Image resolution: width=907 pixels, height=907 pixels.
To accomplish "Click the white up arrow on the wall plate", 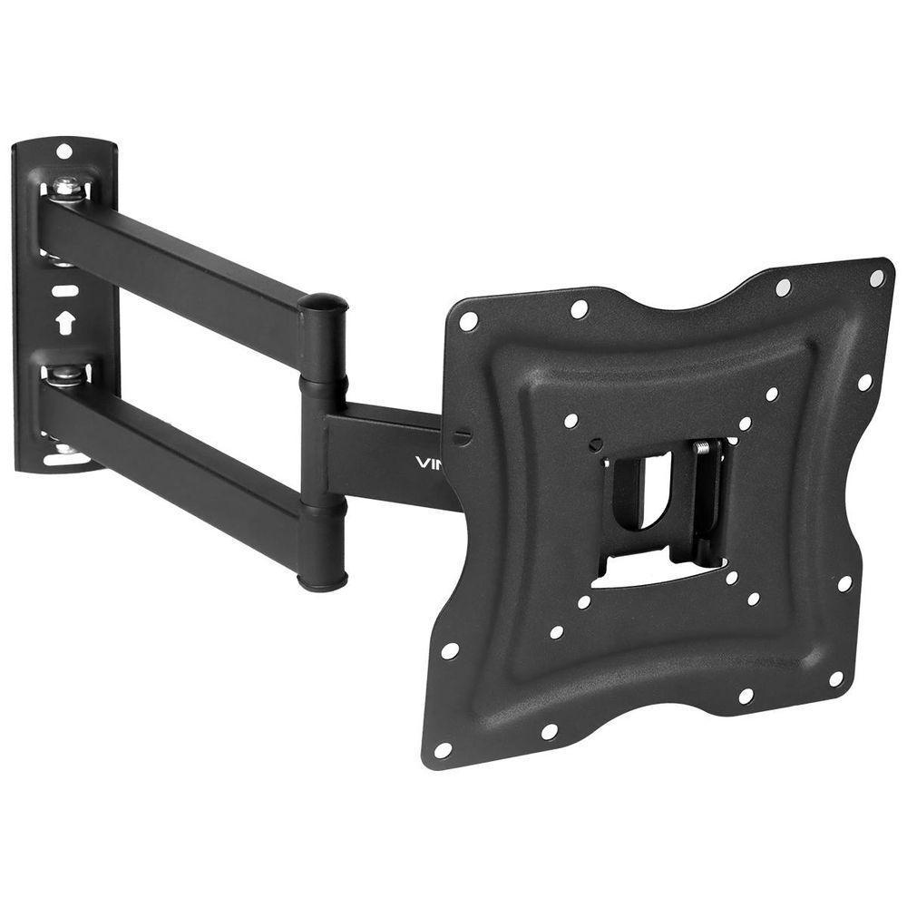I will click(x=64, y=322).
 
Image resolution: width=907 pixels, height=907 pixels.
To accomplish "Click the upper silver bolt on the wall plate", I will click(x=64, y=188).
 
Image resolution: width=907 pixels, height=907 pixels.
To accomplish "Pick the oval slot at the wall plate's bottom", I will click(x=66, y=458).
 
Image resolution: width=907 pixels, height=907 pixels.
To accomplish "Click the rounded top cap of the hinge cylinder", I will click(x=323, y=303).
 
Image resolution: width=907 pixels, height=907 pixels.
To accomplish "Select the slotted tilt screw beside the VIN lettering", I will click(x=462, y=436).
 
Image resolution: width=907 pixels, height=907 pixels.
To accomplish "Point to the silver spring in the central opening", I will click(x=701, y=448).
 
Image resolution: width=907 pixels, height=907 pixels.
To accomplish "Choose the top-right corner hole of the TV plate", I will click(x=876, y=278).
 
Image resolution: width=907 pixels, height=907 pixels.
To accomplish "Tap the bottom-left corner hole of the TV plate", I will click(x=443, y=749).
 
